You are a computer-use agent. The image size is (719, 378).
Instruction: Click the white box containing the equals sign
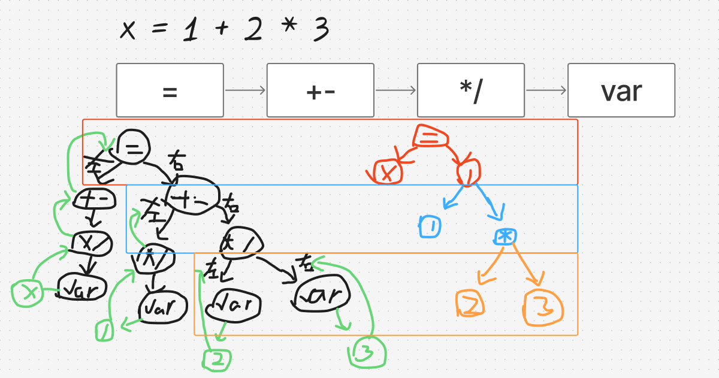(170, 90)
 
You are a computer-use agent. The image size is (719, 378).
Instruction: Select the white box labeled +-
(321, 90)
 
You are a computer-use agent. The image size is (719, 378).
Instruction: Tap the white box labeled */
(471, 90)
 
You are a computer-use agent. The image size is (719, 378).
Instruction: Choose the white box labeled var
(621, 90)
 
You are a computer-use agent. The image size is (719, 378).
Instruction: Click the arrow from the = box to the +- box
(245, 90)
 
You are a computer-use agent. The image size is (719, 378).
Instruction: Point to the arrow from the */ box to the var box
(546, 90)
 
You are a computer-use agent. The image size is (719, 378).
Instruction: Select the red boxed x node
(388, 173)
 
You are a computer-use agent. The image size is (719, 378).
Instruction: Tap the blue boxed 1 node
(431, 227)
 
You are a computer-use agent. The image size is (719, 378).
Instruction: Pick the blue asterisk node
(505, 237)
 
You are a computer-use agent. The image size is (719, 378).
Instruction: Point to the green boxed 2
(217, 359)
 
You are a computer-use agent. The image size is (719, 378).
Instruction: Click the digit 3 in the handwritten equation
(320, 29)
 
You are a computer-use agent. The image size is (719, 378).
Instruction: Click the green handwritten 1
(105, 331)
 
